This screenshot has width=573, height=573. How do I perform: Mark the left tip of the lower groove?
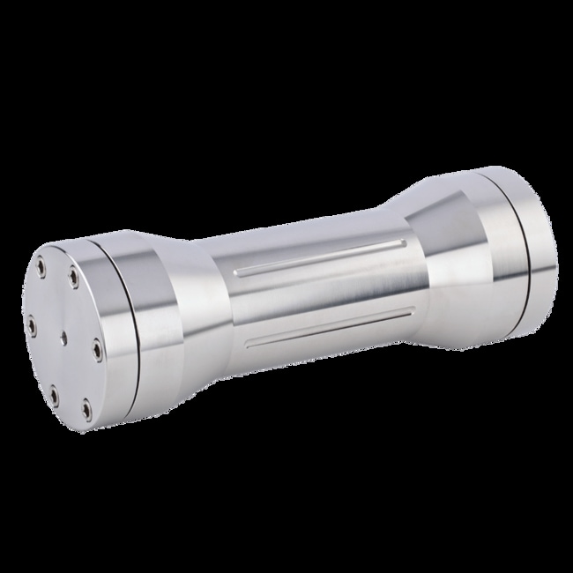pyautogui.click(x=250, y=346)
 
